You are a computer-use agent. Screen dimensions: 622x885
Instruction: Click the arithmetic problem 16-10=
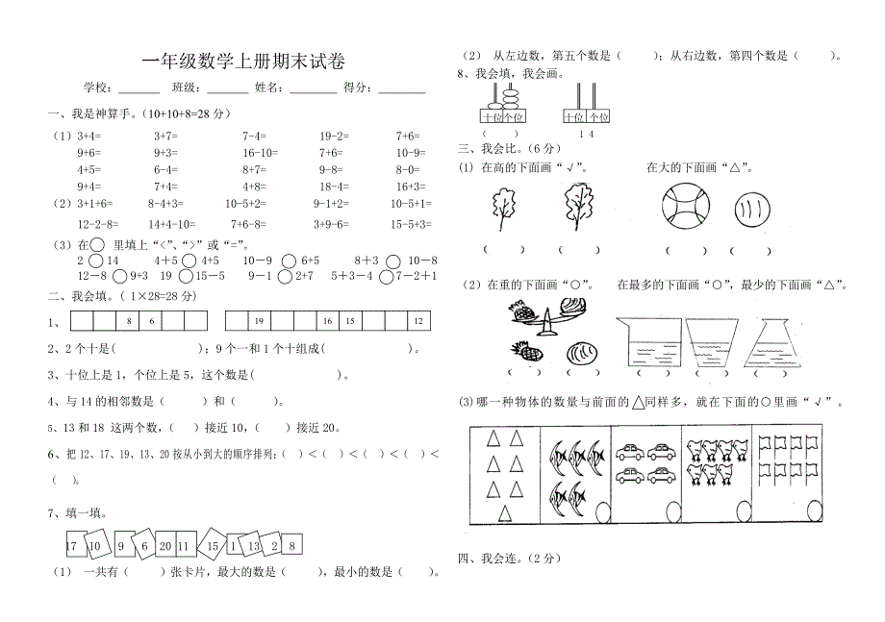[260, 153]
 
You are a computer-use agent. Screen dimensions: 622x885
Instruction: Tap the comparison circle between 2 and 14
[96, 261]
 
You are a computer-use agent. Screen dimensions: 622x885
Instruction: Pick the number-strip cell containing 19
[259, 321]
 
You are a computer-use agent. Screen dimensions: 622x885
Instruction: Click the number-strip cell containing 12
[418, 321]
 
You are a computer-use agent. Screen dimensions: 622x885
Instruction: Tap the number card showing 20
[165, 546]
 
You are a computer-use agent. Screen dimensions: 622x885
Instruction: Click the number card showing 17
[71, 546]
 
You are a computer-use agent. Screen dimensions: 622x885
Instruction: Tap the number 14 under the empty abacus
[586, 134]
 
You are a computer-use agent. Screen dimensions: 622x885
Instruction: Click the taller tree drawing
[577, 207]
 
